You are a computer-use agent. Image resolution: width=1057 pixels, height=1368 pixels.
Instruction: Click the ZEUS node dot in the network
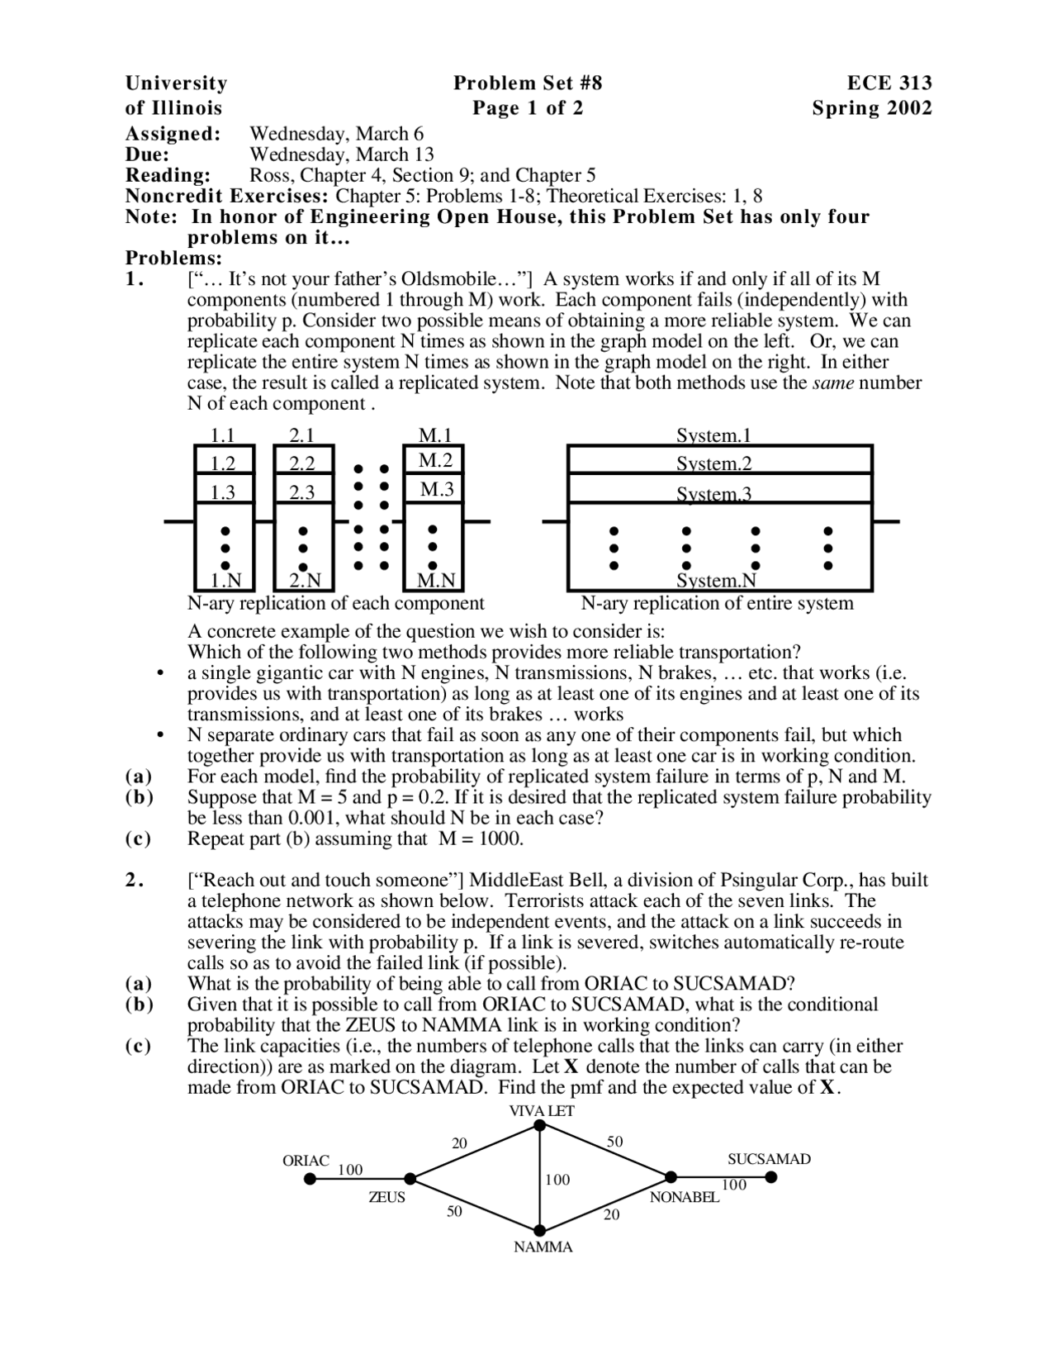point(410,1179)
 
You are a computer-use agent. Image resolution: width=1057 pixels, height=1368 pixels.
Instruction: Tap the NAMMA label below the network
point(543,1247)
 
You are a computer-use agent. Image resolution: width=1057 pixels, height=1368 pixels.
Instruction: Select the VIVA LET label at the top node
point(541,1111)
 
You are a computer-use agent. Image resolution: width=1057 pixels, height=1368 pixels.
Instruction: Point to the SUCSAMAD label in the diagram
point(769,1159)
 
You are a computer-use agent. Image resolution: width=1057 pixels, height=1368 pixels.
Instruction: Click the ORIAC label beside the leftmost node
point(306,1161)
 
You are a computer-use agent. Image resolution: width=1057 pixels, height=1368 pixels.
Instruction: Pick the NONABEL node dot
point(671,1177)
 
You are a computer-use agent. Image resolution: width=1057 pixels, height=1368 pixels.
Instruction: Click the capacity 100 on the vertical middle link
point(557,1180)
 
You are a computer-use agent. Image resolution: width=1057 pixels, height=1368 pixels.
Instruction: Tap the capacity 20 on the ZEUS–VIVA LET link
point(459,1143)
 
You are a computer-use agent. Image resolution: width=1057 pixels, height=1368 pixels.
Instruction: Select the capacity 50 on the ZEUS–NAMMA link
point(455,1211)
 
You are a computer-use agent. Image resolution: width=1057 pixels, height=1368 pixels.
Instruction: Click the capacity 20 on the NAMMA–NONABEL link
point(611,1214)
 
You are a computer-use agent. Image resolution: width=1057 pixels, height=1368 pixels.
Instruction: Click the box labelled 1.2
point(223,463)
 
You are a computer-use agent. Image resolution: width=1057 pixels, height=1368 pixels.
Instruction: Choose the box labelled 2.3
point(302,492)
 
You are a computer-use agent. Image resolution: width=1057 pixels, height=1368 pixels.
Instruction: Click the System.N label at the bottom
point(717,581)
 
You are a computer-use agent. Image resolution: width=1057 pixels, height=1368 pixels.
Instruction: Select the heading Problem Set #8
point(528,83)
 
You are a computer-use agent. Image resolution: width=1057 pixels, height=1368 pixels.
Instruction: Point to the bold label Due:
point(148,154)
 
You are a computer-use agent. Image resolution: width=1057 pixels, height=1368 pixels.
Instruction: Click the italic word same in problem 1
point(833,382)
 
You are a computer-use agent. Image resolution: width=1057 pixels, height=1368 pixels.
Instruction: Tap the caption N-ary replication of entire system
point(717,603)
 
